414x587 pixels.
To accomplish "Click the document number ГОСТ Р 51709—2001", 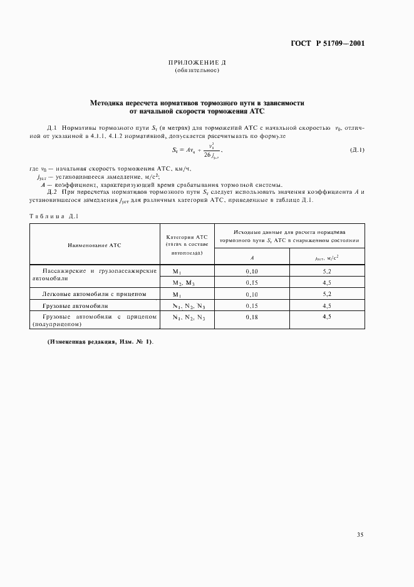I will (327, 44).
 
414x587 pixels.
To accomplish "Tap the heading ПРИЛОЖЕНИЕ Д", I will (197, 63).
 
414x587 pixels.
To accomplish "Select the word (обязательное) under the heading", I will (197, 70).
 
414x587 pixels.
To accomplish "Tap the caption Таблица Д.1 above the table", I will (53, 216).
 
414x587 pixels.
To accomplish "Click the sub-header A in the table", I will (251, 257).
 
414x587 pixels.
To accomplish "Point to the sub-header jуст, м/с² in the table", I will (327, 257).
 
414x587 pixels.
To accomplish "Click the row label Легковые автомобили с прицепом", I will (94, 293).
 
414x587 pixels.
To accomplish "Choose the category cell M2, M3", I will (187, 283).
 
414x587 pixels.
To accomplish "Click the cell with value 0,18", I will (251, 318).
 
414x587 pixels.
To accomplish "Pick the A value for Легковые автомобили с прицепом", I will (251, 293).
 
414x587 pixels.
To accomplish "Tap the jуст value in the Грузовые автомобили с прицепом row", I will (327, 318).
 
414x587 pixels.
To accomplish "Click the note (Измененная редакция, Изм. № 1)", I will (100, 342).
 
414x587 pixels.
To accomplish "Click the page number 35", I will (360, 535).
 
